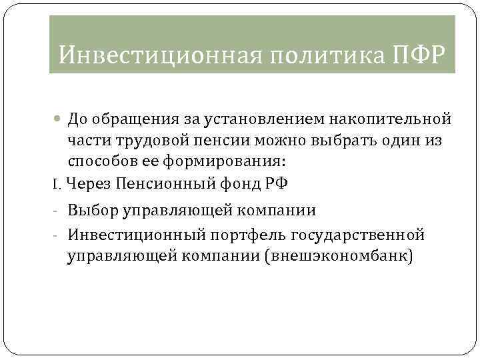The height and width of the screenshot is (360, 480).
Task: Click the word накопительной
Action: (393, 119)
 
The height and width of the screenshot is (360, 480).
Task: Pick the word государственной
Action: (364, 235)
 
